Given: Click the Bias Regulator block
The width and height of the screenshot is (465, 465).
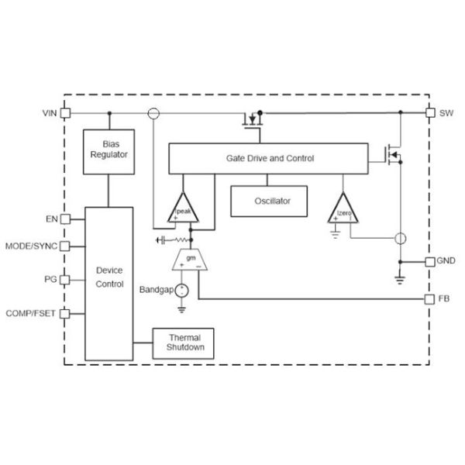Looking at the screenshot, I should (x=108, y=149).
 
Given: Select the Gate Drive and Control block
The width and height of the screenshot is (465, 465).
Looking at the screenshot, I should (x=270, y=158).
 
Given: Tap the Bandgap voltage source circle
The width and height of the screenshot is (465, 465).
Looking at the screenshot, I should (x=181, y=291).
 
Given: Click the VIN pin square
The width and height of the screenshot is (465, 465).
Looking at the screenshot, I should (x=66, y=113).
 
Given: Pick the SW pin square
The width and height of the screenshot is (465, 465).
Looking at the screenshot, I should (x=430, y=113).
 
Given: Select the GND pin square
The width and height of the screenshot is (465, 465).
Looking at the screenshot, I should (x=430, y=261).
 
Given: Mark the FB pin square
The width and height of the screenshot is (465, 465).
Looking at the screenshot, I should (x=430, y=298).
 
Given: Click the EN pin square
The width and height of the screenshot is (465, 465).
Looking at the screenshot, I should (x=66, y=219).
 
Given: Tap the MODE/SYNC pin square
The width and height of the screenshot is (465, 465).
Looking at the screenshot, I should (x=66, y=247).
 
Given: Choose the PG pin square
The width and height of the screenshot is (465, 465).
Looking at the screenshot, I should (x=66, y=279).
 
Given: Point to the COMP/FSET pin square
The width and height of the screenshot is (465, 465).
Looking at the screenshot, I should (x=66, y=313).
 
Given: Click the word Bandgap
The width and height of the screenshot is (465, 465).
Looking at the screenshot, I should (x=155, y=290).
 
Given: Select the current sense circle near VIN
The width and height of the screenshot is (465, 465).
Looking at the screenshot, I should (x=153, y=113).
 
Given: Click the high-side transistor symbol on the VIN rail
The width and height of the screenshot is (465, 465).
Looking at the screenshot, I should (x=251, y=120).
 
